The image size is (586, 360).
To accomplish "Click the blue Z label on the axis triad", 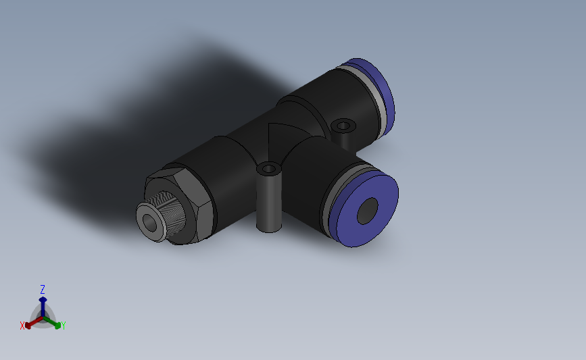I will point(43,289).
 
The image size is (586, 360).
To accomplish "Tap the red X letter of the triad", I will point(22,326).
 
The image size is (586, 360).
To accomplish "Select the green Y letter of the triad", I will point(63,326).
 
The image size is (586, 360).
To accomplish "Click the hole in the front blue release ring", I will point(368,211).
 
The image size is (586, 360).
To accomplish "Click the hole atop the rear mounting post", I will point(344,126).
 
